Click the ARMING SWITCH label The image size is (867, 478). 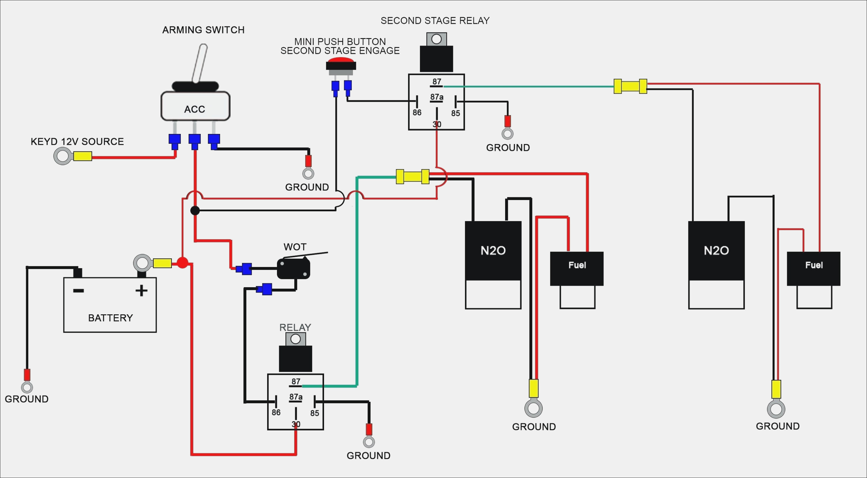(x=203, y=30)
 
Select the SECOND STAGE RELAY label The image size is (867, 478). (x=435, y=21)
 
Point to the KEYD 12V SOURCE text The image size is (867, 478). (x=77, y=142)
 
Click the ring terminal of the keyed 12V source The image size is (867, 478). (x=63, y=157)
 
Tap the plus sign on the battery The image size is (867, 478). (x=141, y=290)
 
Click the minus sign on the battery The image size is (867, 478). (x=78, y=290)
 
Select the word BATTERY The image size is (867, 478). (x=110, y=318)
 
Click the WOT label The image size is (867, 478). (x=295, y=247)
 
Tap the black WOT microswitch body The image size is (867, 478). (x=293, y=269)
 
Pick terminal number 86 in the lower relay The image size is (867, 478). (x=276, y=413)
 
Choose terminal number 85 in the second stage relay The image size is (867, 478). (x=455, y=113)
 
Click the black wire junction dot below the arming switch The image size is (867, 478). (x=195, y=210)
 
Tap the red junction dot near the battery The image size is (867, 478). (x=182, y=263)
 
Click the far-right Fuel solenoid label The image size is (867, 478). (x=814, y=265)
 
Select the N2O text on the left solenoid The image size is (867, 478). (x=493, y=251)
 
